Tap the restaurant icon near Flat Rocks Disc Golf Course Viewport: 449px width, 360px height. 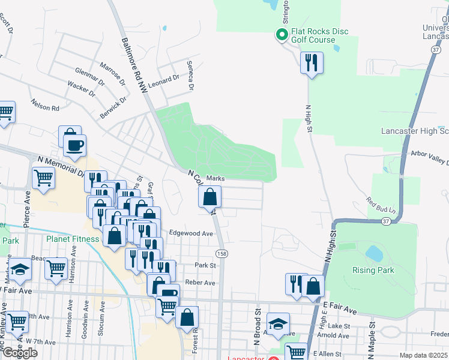312,63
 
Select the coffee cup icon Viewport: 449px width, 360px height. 74,146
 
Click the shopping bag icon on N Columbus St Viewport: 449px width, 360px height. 210,197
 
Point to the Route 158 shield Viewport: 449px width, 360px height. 222,254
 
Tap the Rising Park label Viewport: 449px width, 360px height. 373,270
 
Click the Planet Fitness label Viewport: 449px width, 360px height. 73,239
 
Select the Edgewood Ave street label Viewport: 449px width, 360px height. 191,233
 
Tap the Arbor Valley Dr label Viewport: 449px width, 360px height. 430,157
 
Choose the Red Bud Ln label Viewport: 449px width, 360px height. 382,205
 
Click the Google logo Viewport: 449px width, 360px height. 19,352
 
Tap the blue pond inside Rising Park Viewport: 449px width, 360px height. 375,253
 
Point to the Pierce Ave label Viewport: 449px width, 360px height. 26,209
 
